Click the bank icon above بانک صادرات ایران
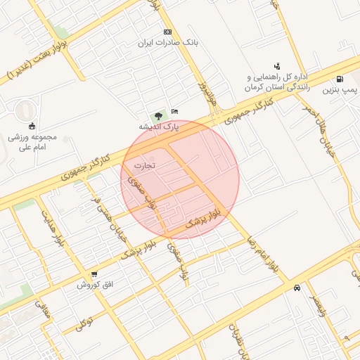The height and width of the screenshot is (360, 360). pyautogui.click(x=167, y=32)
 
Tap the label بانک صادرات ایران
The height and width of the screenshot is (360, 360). pyautogui.click(x=168, y=43)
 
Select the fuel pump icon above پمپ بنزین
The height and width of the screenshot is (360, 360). pyautogui.click(x=340, y=79)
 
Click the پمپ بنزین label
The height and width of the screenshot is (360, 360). pyautogui.click(x=340, y=90)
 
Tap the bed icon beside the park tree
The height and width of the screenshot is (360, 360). pyautogui.click(x=174, y=112)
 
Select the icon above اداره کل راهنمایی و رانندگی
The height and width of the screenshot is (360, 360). pyautogui.click(x=276, y=66)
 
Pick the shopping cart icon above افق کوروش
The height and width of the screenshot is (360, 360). pyautogui.click(x=94, y=274)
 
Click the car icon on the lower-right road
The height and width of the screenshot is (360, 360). pyautogui.click(x=298, y=288)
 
